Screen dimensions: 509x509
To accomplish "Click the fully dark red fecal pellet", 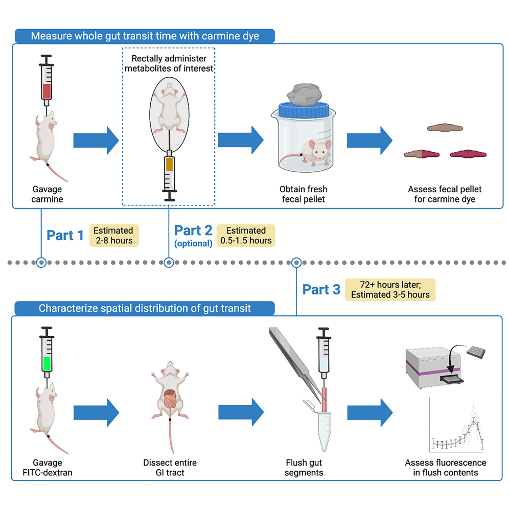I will click(x=468, y=153).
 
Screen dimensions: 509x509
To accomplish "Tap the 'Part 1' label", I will click(x=65, y=235).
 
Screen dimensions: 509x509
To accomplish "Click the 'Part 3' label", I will click(x=321, y=289).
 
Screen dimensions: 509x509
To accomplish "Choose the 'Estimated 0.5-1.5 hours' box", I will click(x=245, y=235).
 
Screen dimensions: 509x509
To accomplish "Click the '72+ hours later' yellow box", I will click(x=390, y=289).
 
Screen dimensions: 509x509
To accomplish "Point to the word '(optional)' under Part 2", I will click(x=193, y=244).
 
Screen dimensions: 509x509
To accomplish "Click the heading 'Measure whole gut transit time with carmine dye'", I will click(x=145, y=36).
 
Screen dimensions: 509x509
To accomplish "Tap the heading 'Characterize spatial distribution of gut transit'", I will click(x=145, y=308).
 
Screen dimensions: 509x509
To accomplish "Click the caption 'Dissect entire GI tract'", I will click(x=170, y=468).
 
